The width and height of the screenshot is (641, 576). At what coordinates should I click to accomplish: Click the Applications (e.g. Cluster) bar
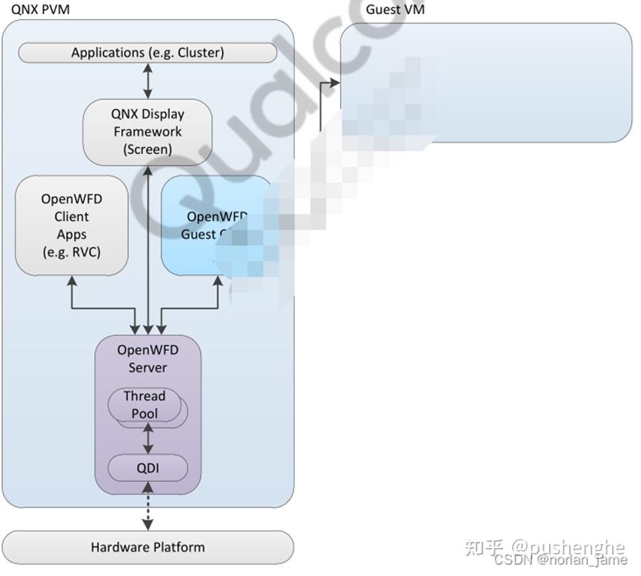[147, 53]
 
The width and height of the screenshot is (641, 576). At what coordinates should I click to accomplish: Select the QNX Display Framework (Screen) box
[147, 132]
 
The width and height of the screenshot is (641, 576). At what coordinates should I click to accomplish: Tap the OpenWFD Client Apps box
[71, 225]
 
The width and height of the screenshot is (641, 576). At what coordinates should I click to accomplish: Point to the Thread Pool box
[145, 405]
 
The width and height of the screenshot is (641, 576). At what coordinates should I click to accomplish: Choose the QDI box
[147, 467]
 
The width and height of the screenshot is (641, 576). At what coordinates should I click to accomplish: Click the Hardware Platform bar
[147, 547]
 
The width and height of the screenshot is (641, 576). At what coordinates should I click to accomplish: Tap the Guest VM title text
[395, 10]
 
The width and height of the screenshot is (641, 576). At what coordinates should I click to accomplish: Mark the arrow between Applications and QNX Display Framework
[147, 81]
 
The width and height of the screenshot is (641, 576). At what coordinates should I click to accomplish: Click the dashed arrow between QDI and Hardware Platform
[147, 506]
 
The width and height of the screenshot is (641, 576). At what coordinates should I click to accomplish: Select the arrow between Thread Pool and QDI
[147, 439]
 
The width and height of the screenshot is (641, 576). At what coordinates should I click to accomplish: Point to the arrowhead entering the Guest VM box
[335, 83]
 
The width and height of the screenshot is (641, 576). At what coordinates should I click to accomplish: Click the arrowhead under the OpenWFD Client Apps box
[71, 281]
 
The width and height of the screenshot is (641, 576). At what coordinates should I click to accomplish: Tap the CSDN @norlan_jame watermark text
[560, 561]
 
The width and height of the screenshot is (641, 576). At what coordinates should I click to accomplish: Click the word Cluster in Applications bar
[199, 53]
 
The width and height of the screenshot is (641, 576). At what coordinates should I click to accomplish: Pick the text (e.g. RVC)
[71, 252]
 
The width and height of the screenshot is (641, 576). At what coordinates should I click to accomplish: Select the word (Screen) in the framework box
[147, 149]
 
